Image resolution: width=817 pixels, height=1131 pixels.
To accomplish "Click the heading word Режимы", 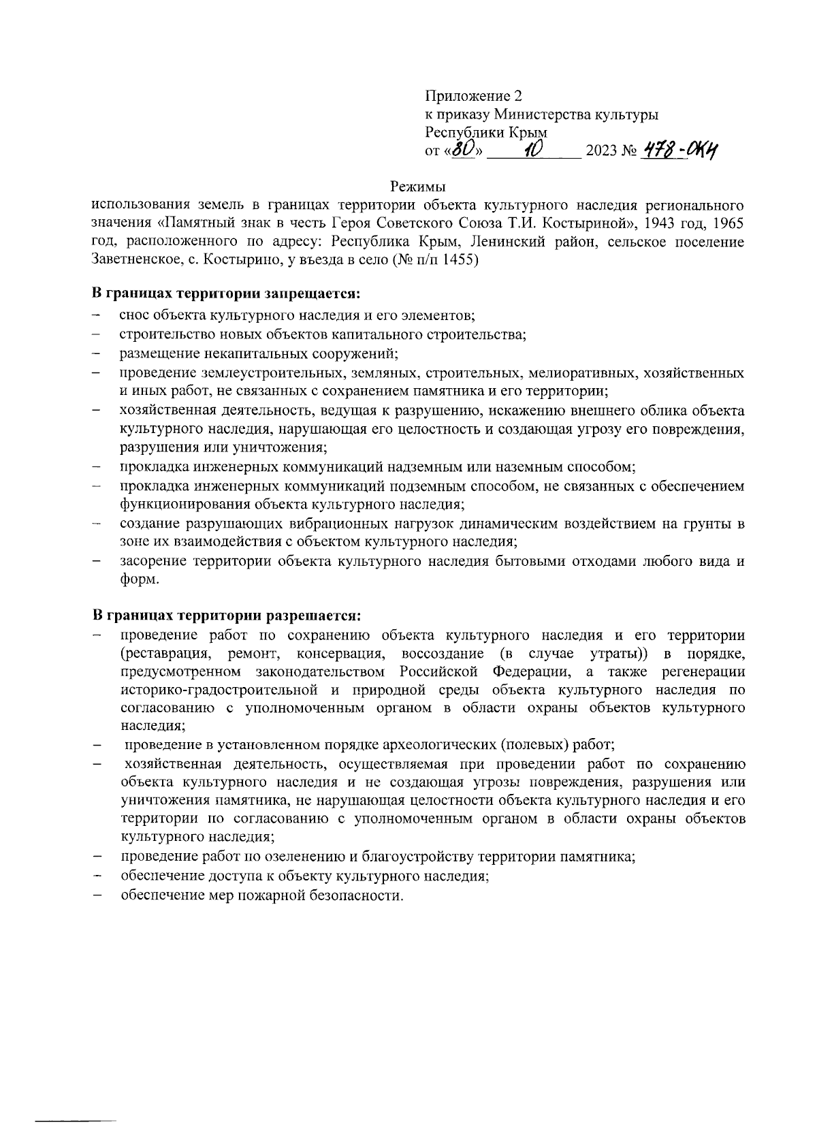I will [x=418, y=186].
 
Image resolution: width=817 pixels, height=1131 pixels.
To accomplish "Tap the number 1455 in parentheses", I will [x=458, y=260].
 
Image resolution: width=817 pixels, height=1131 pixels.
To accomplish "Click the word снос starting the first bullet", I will [x=134, y=317].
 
